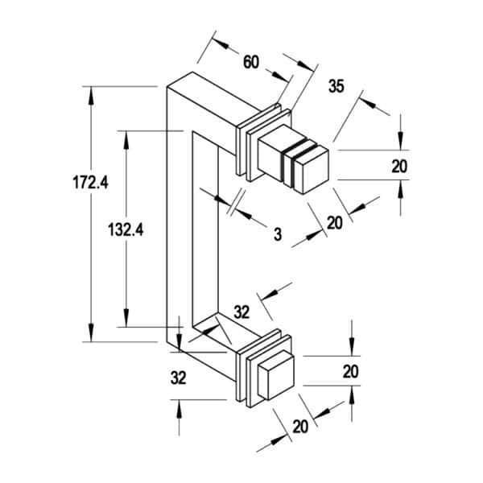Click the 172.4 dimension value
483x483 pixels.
point(90,182)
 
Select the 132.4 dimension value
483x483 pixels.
point(126,229)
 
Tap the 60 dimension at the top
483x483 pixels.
point(251,62)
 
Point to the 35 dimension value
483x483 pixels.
point(336,86)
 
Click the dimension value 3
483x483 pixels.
point(278,234)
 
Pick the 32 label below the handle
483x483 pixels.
point(179,378)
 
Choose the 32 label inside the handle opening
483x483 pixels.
point(242,312)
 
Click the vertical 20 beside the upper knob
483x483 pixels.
point(399,167)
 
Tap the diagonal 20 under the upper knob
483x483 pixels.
point(335,223)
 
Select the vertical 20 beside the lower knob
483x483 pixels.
point(351,371)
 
